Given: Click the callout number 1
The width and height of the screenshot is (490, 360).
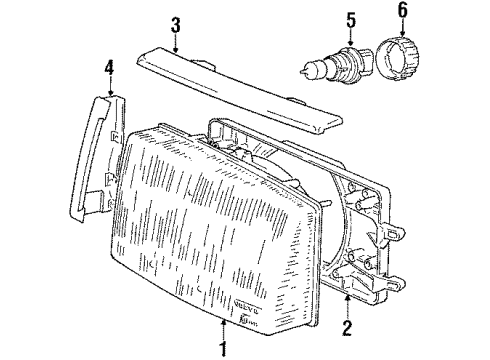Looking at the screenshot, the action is pyautogui.click(x=223, y=349).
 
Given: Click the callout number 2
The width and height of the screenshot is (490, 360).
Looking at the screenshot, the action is pyautogui.click(x=348, y=327).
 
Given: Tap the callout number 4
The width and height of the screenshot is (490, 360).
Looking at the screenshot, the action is pyautogui.click(x=108, y=68).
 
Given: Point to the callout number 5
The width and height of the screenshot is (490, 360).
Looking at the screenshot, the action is pyautogui.click(x=322, y=19).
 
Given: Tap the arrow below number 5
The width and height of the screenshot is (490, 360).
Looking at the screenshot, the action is pyautogui.click(x=322, y=36).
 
